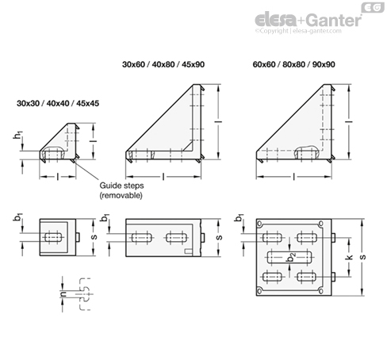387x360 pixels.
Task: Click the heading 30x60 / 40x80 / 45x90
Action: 162,63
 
